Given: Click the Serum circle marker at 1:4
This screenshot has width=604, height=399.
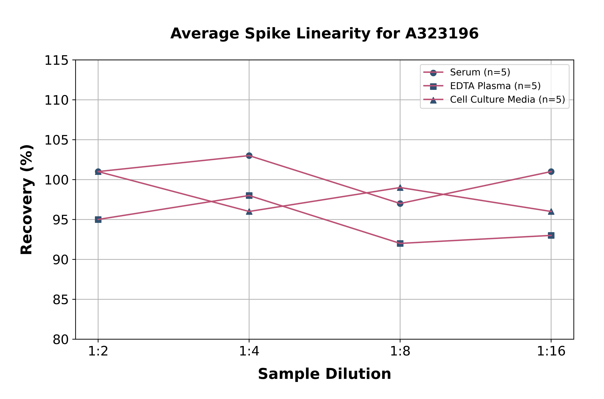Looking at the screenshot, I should coord(249,155).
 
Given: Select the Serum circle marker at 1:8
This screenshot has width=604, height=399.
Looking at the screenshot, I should coord(400,204).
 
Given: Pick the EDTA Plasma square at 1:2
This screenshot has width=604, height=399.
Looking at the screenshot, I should coord(98,220).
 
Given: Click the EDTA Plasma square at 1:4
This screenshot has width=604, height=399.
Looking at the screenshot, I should coord(249,195).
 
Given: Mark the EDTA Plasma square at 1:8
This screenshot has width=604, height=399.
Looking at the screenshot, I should coord(400,244).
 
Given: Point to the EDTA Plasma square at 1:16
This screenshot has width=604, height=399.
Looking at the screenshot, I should coord(551,235).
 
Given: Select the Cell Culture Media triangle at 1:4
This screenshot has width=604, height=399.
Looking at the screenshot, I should coord(249,211).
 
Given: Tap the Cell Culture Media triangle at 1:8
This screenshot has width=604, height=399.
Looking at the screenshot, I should coord(400,188).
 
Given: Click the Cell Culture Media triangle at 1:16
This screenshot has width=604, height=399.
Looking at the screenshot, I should coord(551,211).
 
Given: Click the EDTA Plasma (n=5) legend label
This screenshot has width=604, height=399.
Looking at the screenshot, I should coord(495,86).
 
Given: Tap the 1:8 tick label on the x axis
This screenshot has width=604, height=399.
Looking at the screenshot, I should coord(400,351).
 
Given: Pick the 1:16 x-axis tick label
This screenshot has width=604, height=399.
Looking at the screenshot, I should coord(551,351).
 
